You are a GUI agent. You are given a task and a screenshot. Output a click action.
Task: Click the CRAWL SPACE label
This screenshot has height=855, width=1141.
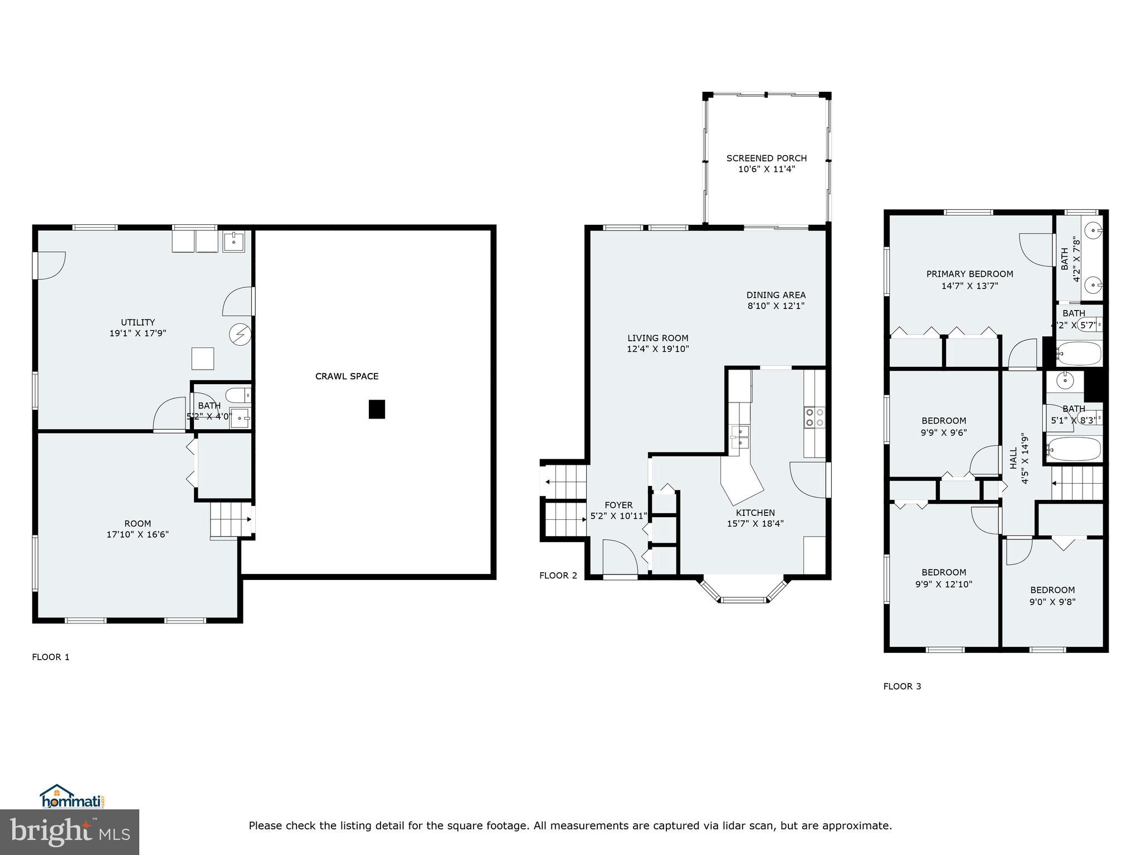pyautogui.click(x=347, y=376)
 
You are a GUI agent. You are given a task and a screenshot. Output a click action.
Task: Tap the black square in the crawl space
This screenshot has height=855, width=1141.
pyautogui.click(x=377, y=409)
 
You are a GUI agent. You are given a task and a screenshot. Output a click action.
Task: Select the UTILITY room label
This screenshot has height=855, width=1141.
pyautogui.click(x=138, y=322)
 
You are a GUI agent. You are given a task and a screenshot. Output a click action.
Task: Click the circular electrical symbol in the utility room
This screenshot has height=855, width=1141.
pyautogui.click(x=240, y=334)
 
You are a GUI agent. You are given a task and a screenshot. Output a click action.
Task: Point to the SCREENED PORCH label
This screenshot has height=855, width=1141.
pyautogui.click(x=766, y=158)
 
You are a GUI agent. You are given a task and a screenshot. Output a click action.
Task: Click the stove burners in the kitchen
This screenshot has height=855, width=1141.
pyautogui.click(x=814, y=417)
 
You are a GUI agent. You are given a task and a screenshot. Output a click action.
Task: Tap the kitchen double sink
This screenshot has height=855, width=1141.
pyautogui.click(x=740, y=438)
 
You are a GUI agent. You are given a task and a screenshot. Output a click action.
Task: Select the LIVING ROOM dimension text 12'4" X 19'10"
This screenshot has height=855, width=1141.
pyautogui.click(x=657, y=349)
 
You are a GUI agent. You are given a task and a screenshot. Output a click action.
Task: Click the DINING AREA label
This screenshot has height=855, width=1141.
pyautogui.click(x=776, y=295)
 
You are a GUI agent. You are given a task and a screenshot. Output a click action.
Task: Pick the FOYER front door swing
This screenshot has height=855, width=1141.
pyautogui.click(x=618, y=557)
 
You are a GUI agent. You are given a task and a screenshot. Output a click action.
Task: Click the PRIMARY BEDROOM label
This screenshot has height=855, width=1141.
pyautogui.click(x=969, y=274)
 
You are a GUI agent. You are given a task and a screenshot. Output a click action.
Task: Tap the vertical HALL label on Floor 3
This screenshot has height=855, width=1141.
pyautogui.click(x=1013, y=458)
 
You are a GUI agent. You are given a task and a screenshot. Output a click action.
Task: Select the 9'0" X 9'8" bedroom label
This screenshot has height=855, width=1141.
pyautogui.click(x=1052, y=601)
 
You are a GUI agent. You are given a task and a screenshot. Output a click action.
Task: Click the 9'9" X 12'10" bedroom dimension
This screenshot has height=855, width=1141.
pyautogui.click(x=943, y=584)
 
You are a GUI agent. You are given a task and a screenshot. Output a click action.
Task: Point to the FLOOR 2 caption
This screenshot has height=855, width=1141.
pyautogui.click(x=558, y=576)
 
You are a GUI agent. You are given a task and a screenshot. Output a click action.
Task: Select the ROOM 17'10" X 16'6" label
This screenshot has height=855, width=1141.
pyautogui.click(x=137, y=529)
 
